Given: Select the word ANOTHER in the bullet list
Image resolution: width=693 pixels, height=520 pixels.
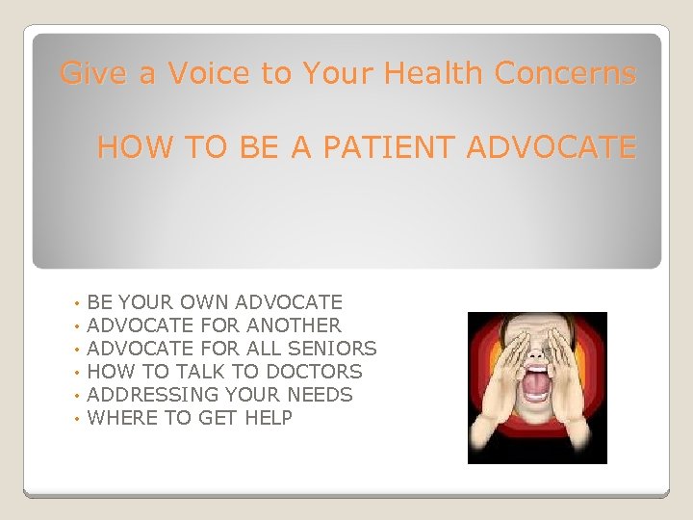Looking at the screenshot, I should pos(294,325).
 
